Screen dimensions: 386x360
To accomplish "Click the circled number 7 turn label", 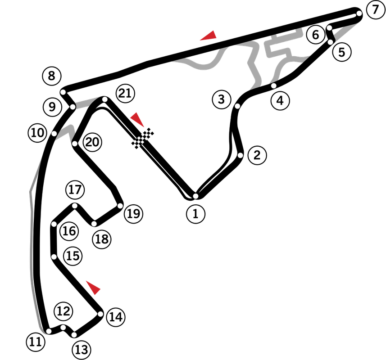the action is pyautogui.click(x=376, y=10).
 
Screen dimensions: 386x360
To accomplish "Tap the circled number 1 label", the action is pyautogui.click(x=196, y=214).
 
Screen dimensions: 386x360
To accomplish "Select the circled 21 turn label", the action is pyautogui.click(x=125, y=94).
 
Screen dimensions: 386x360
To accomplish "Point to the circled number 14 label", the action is pyautogui.click(x=116, y=317).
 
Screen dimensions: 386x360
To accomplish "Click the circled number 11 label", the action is pyautogui.click(x=36, y=342).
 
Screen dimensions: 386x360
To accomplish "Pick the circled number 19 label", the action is pyautogui.click(x=134, y=214).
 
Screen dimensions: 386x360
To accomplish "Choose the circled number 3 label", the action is pyautogui.click(x=222, y=99).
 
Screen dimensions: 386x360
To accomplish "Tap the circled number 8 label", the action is pyautogui.click(x=52, y=76).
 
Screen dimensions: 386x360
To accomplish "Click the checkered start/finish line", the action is pyautogui.click(x=143, y=139).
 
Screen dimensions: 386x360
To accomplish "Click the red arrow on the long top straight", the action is pyautogui.click(x=209, y=36).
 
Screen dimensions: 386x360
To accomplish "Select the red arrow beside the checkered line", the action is pyautogui.click(x=137, y=119).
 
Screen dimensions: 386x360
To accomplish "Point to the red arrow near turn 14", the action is pyautogui.click(x=93, y=287).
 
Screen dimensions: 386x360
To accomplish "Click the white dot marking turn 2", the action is pyautogui.click(x=241, y=155).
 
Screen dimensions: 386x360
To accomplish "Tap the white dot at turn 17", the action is pyautogui.click(x=75, y=206).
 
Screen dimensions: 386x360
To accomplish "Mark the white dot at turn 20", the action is pyautogui.click(x=75, y=144).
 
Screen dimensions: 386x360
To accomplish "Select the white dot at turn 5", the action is pyautogui.click(x=331, y=42).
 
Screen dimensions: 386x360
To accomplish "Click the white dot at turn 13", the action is pyautogui.click(x=74, y=335).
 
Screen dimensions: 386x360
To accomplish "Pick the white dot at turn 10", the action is pyautogui.click(x=54, y=134).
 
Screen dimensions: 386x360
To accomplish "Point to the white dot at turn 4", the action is pyautogui.click(x=273, y=86).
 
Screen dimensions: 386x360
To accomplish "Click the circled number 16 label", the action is pyautogui.click(x=69, y=231).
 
